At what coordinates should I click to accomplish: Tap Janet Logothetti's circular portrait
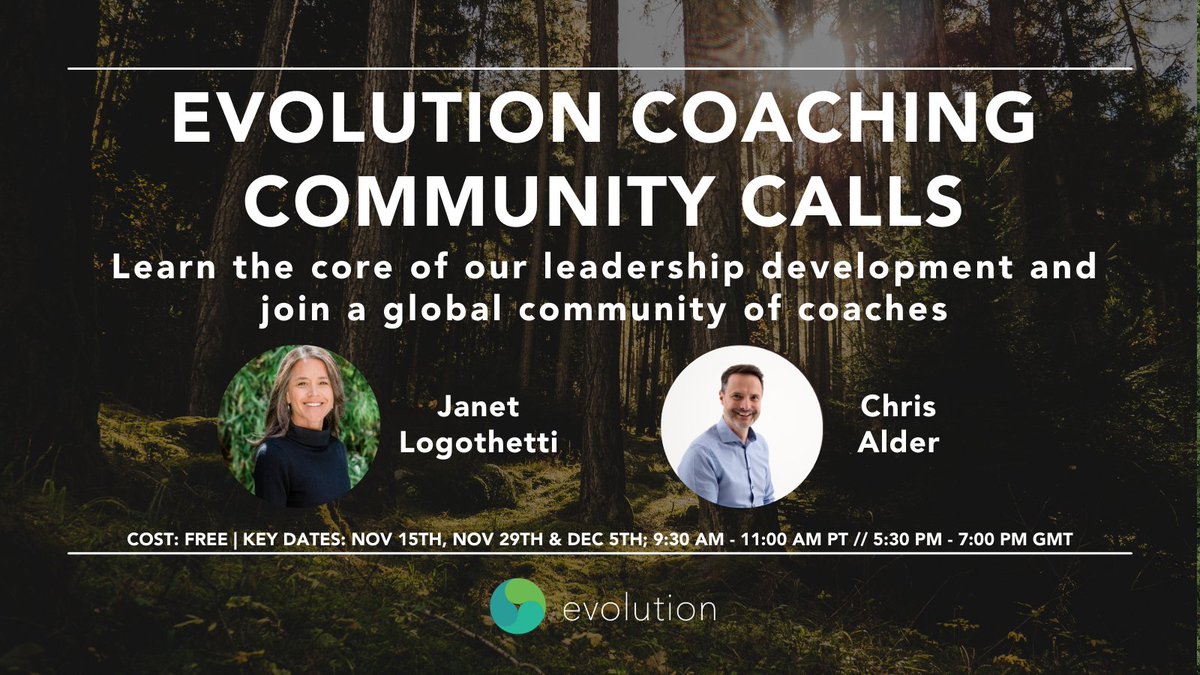click(299, 427)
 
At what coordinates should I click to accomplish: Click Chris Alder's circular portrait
click(742, 427)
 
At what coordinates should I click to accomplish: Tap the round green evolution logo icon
click(517, 607)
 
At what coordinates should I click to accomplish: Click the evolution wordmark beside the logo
click(637, 608)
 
